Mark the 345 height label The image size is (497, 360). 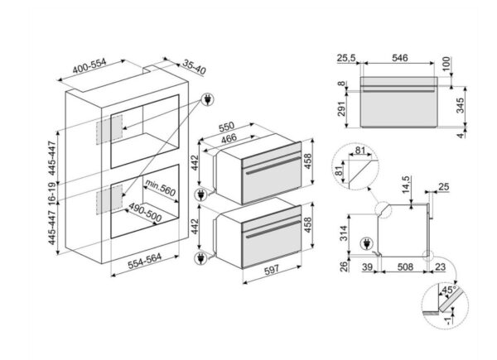[x=462, y=103]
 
